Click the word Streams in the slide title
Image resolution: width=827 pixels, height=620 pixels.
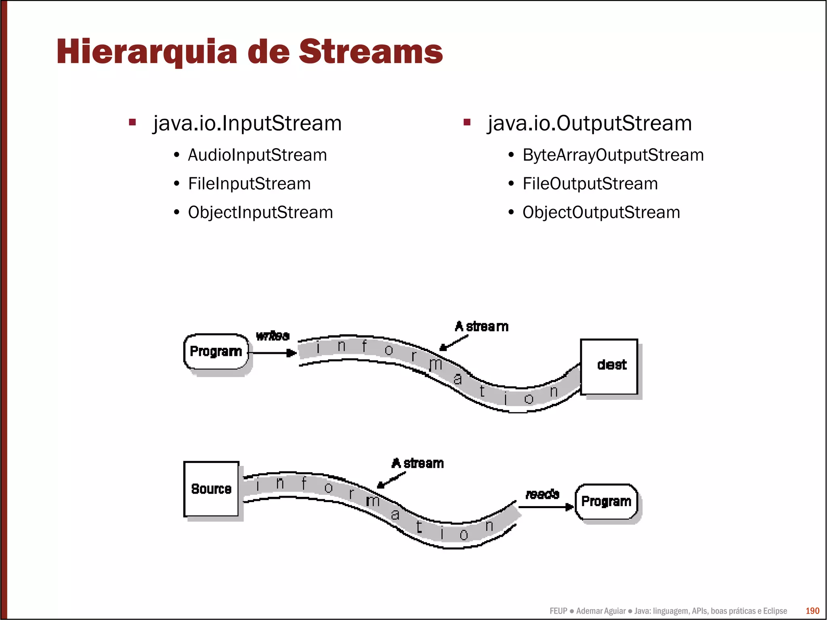(370, 52)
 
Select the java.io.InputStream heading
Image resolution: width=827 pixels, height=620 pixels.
(247, 123)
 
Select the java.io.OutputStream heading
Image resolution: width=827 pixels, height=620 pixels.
(590, 123)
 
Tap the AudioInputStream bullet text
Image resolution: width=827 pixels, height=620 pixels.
(257, 155)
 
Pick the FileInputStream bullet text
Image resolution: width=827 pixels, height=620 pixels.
(249, 184)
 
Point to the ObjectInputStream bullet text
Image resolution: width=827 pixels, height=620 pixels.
(260, 212)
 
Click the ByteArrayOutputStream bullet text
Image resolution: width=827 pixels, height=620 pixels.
(613, 155)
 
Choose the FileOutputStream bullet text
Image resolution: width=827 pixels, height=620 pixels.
(590, 184)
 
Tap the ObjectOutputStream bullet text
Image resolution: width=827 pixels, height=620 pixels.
(601, 212)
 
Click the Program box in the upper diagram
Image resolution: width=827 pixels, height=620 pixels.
(216, 351)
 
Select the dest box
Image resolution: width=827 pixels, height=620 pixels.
(609, 366)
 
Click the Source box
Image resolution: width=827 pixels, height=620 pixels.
(211, 489)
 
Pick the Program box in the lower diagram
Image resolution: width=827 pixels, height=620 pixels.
(606, 501)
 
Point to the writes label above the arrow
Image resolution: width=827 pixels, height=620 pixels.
(273, 336)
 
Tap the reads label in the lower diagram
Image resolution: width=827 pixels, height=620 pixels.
(542, 494)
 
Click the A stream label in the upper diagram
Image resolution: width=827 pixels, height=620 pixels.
(481, 326)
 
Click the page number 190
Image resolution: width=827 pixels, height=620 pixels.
(812, 611)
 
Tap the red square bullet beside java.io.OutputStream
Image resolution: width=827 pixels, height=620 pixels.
(467, 122)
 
